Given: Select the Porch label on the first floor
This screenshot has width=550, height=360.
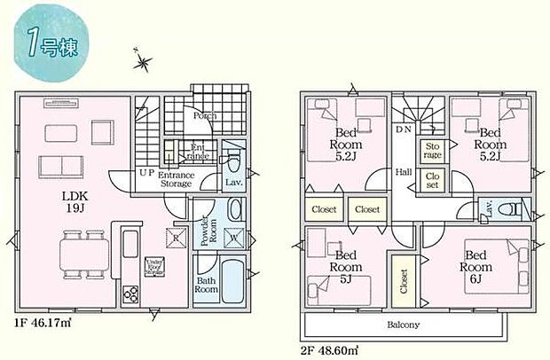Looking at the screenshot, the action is click(206, 115).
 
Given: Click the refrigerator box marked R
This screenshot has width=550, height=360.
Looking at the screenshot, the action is click(176, 239).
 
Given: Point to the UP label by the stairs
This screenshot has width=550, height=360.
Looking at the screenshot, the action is click(145, 174).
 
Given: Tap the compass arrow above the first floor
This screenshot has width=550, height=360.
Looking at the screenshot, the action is click(143, 62).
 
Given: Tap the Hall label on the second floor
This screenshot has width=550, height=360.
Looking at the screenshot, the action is click(404, 172).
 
